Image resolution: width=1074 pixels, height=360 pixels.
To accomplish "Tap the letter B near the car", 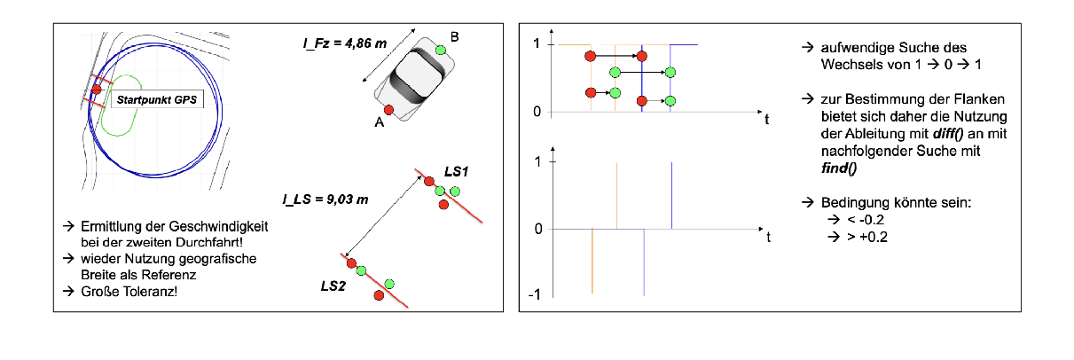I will click(x=455, y=36).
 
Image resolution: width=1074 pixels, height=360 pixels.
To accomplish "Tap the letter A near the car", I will click(x=379, y=124).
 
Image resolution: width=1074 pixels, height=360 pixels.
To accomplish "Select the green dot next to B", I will click(x=440, y=50).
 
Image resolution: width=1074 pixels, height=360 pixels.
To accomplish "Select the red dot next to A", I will click(x=388, y=110).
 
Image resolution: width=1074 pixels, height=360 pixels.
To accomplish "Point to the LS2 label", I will click(x=333, y=286).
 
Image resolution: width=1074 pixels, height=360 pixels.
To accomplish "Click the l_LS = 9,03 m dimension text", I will click(x=325, y=200).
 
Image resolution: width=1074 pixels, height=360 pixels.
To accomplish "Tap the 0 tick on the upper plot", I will click(x=537, y=112).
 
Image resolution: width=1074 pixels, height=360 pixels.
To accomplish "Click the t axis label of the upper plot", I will click(x=767, y=120).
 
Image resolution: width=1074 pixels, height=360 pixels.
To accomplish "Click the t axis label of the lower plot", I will click(x=769, y=237).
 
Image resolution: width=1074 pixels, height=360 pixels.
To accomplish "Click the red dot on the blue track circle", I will click(x=97, y=90).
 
